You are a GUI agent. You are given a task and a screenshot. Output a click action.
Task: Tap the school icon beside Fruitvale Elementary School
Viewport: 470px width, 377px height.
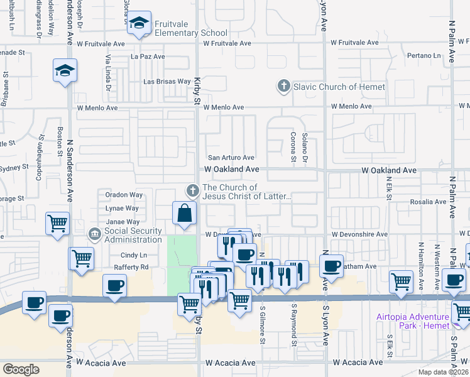click(139, 24)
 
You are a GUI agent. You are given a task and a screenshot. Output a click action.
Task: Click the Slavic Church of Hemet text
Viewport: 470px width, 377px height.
click(339, 87)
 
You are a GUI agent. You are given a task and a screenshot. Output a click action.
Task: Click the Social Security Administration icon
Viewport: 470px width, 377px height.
click(94, 235)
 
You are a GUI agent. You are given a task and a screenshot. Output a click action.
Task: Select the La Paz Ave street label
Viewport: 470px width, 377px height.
click(148, 56)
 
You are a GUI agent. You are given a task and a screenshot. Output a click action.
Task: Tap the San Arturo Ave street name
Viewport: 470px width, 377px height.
click(231, 158)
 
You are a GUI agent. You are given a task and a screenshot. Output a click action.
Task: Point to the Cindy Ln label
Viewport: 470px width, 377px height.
click(133, 255)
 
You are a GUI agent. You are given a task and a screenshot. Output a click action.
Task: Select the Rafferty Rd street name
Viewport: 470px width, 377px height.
click(131, 267)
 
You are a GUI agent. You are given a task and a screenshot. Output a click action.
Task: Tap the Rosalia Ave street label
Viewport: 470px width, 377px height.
click(428, 202)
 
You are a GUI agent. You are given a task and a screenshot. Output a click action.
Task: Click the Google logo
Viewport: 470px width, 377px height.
click(21, 369)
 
